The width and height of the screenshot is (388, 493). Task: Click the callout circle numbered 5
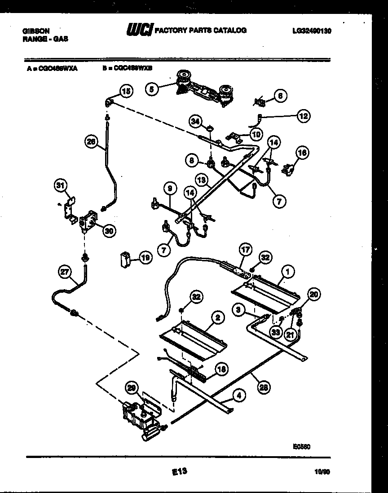coord(152,89)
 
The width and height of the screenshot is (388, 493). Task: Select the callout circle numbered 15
coord(126,92)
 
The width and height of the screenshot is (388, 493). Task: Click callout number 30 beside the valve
coord(109,231)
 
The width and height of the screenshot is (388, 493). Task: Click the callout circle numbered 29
coord(132,389)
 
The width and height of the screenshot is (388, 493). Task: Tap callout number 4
coord(239,396)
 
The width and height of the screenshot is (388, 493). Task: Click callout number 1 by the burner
coord(288,271)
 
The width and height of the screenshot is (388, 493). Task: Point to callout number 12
coord(303,116)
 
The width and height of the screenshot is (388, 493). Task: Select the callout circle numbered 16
coord(303,153)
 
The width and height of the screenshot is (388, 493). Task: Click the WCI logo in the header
coord(139,30)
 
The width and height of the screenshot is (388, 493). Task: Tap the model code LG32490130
coord(312,31)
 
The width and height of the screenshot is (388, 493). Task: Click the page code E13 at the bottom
coord(179,471)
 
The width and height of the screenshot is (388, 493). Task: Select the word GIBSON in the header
coord(36,31)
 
